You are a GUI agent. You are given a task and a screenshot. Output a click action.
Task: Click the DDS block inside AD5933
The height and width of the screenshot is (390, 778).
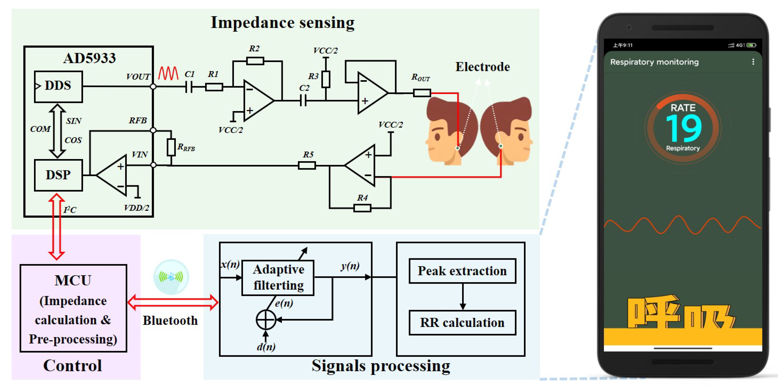[x=58, y=86]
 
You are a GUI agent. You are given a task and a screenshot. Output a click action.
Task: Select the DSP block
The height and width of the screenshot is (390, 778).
[x=58, y=175]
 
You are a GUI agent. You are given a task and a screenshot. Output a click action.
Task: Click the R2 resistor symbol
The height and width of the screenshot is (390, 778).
[x=255, y=61]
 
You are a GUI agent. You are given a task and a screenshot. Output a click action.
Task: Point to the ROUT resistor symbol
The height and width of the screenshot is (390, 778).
[x=421, y=93]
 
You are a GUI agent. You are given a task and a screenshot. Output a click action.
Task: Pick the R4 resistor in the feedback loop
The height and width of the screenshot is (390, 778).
[x=362, y=208]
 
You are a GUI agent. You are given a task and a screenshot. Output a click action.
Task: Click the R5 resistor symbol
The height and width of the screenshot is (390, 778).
[x=307, y=165]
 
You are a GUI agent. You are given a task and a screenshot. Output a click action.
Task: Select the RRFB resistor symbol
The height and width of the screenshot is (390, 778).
[x=171, y=147]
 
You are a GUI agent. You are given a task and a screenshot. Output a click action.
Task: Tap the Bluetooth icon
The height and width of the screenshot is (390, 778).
[x=171, y=277]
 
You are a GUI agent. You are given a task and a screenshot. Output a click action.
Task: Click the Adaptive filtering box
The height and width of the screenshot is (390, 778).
[x=278, y=277]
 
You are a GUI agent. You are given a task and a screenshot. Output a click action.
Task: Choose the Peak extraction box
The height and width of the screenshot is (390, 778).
[x=462, y=271]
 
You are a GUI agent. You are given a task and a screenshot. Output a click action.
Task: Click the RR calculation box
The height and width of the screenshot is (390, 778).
[x=462, y=323]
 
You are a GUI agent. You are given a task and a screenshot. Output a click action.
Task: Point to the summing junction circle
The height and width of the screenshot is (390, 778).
[x=265, y=320]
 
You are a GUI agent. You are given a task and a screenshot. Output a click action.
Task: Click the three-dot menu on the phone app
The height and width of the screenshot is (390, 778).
[x=753, y=62]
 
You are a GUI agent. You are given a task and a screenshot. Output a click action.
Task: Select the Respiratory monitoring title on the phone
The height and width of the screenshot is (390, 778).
[x=654, y=62]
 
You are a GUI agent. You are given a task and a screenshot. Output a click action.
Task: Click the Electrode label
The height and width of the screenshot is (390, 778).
[x=482, y=67]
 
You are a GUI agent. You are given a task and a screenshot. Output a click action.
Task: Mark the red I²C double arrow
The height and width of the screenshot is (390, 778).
[x=56, y=227]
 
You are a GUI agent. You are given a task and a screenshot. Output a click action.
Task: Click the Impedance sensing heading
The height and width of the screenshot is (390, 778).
[x=282, y=23]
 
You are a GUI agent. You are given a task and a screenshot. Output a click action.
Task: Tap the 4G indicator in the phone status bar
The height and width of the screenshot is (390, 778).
[x=740, y=45]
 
